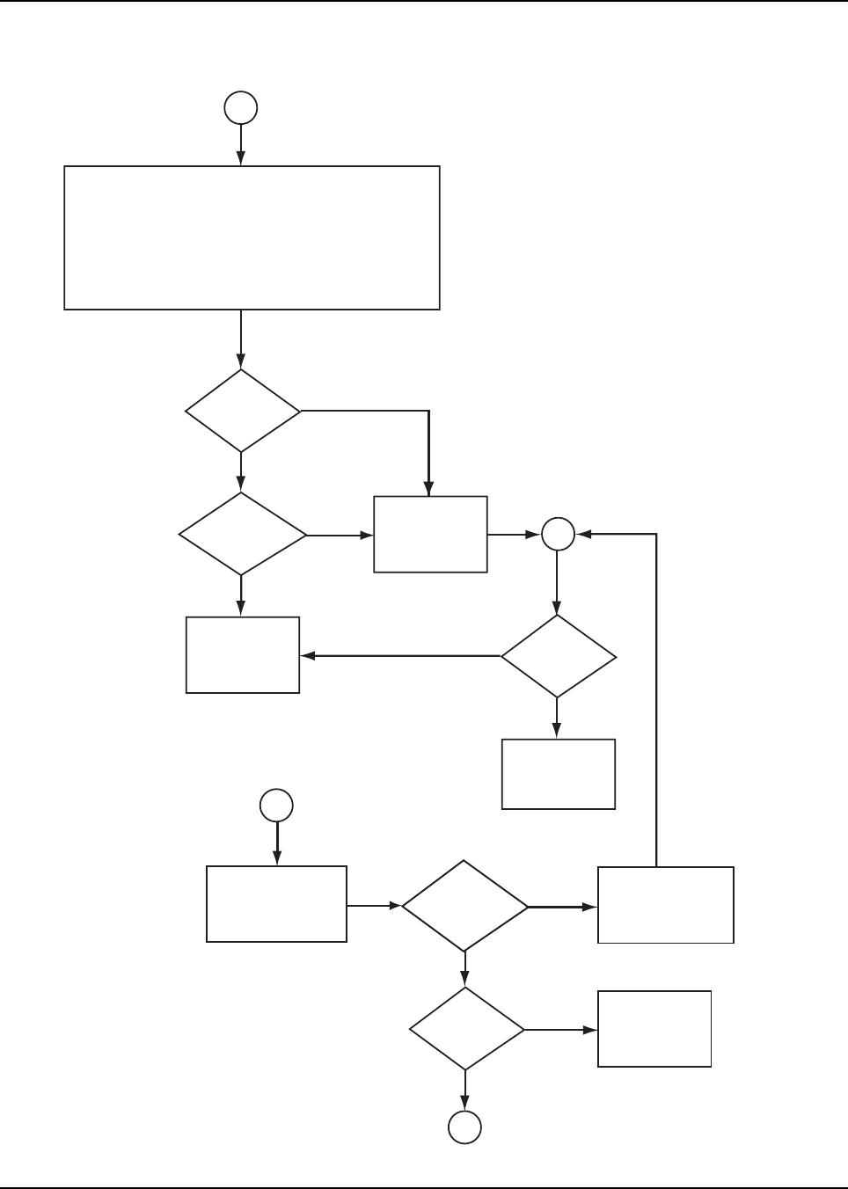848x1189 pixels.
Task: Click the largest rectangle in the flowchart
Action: [252, 237]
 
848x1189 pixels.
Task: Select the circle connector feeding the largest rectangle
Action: [241, 108]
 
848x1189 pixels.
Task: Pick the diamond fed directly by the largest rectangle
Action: [242, 411]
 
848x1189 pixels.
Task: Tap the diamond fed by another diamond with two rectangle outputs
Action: [242, 534]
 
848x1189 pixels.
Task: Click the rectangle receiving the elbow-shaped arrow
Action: [430, 534]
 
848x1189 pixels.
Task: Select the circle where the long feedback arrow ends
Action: [558, 534]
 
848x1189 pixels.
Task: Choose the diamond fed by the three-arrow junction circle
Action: [558, 656]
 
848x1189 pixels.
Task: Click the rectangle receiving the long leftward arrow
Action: [243, 655]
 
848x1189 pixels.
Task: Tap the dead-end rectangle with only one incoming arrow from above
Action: [558, 774]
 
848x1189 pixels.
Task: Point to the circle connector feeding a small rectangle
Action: [277, 806]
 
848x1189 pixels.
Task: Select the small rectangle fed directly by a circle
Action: [276, 904]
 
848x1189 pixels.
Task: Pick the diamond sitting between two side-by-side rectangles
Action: [464, 905]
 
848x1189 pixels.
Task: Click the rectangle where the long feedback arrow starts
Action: [666, 905]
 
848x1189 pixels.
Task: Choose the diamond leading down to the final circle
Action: [466, 1028]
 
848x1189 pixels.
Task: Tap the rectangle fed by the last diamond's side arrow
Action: [654, 1029]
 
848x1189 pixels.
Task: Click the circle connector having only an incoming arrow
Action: [465, 1127]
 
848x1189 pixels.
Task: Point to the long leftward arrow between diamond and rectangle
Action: [400, 656]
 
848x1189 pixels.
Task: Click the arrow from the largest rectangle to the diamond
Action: [241, 339]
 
